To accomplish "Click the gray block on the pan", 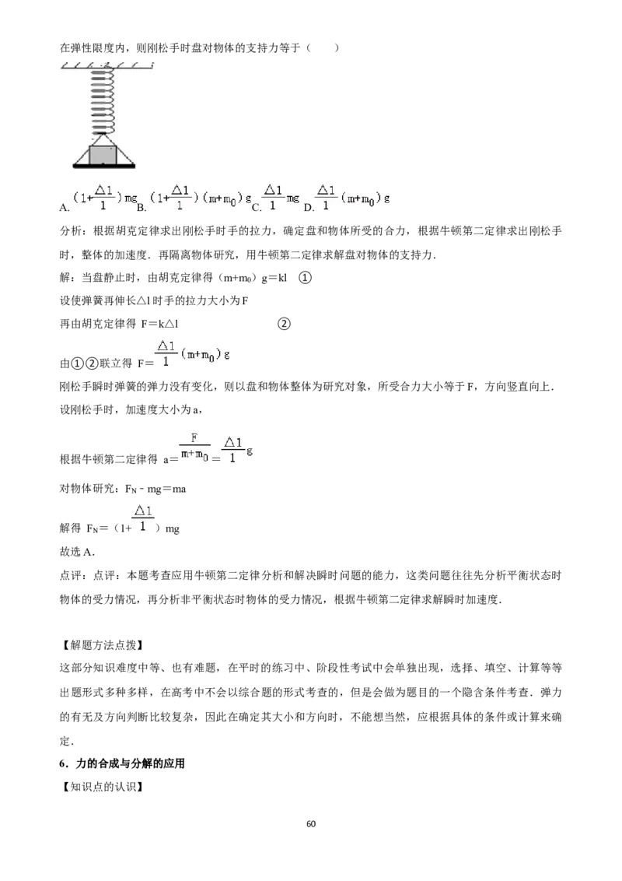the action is (103, 155).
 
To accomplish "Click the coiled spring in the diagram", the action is (103, 100).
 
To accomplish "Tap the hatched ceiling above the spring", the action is (107, 65).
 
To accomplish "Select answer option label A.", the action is (65, 208).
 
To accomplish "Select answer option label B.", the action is (142, 208).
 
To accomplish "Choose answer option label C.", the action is (257, 208).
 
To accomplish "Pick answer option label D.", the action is (309, 208).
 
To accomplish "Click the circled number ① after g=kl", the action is (305, 278).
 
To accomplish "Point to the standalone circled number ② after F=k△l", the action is (284, 324).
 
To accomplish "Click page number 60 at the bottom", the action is (311, 823).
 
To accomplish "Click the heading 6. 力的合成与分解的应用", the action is (122, 763).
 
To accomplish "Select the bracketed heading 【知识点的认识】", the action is (101, 787).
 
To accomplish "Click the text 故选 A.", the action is (77, 552).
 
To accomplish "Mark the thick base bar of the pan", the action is (104, 166).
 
